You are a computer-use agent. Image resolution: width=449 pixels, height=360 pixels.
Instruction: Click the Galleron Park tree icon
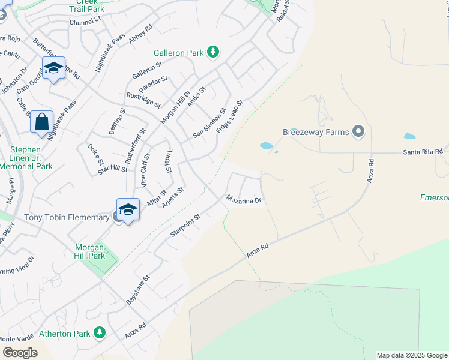[x=212, y=53]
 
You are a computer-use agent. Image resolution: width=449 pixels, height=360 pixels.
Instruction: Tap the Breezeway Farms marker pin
[x=358, y=131]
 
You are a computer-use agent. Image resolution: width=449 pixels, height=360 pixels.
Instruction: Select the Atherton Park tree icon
[x=99, y=333]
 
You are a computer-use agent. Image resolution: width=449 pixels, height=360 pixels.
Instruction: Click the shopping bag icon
[x=42, y=122]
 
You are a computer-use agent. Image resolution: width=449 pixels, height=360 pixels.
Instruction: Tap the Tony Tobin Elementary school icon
[x=128, y=209]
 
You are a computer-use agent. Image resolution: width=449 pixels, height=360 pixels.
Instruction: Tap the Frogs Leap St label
[x=229, y=117]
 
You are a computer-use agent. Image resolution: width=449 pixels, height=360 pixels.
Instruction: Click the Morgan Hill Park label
[x=89, y=251]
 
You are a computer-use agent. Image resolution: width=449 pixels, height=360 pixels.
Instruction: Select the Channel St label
[x=85, y=21]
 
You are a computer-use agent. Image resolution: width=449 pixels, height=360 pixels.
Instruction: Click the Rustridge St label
[x=143, y=100]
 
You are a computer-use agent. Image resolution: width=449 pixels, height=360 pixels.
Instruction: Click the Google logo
[x=20, y=353]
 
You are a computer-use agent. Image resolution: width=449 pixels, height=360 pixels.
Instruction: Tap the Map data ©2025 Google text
[x=411, y=355]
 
